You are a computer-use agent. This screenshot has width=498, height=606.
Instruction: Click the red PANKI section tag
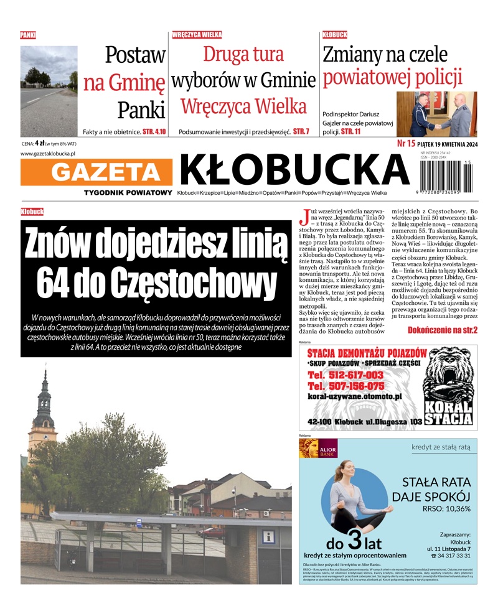28,35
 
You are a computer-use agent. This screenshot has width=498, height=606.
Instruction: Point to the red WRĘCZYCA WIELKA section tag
197,35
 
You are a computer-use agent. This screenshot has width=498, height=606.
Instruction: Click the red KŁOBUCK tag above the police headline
335,35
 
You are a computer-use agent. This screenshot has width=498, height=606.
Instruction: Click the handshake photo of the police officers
436,114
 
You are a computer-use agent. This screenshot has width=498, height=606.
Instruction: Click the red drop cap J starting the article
304,217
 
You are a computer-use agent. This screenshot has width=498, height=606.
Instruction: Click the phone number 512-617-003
345,375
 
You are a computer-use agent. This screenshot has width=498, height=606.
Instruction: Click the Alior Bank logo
318,449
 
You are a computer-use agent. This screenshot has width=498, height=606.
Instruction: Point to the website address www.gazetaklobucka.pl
48,153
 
